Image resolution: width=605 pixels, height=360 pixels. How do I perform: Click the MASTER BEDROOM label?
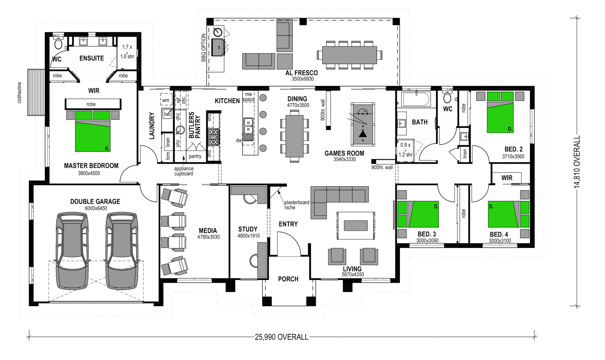tap(91, 166)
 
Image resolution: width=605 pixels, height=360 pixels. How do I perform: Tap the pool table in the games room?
tap(363, 124)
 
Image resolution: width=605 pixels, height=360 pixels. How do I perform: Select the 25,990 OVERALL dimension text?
tap(282, 337)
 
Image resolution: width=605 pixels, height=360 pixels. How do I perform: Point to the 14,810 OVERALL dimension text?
tap(577, 162)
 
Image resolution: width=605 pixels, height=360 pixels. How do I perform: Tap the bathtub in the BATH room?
tap(416, 99)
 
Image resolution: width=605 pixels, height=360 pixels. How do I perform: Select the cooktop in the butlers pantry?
tap(213, 137)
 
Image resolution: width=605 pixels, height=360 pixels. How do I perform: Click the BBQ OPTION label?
tap(203, 48)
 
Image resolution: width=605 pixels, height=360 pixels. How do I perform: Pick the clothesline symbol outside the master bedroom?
tap(36, 92)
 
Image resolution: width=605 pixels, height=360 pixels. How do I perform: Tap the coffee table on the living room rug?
tap(356, 226)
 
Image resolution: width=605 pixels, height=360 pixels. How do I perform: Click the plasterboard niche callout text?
tap(296, 205)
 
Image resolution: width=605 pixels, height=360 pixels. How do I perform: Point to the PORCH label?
tap(288, 279)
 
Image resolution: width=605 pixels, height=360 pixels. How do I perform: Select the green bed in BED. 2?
tap(500, 112)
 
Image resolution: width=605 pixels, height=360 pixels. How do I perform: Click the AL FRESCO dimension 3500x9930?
tap(302, 79)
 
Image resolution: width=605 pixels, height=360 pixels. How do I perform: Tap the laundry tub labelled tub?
tap(167, 114)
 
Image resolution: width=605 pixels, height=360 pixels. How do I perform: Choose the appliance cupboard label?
tap(184, 171)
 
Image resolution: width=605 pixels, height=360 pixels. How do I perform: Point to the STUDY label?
tap(248, 229)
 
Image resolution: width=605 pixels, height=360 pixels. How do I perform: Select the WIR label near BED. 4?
tap(507, 178)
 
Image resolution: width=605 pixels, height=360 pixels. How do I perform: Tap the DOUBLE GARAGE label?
tap(95, 202)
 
